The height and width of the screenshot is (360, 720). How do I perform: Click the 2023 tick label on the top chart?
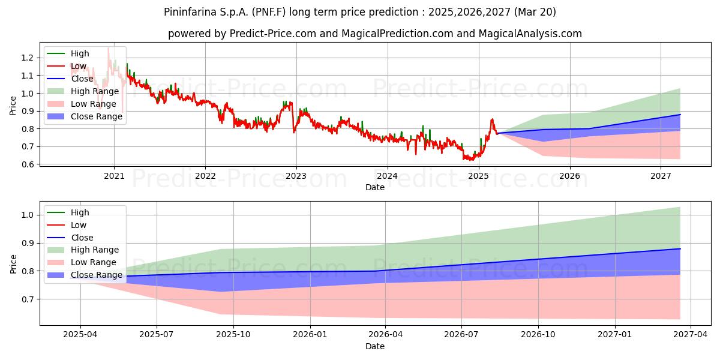[296, 176]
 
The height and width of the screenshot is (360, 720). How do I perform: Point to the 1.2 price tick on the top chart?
[28, 58]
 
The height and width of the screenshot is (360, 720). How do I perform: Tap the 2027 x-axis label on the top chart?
[661, 176]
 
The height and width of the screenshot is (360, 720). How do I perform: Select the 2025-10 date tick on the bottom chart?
[233, 334]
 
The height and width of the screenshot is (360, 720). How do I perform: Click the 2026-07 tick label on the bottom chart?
[461, 334]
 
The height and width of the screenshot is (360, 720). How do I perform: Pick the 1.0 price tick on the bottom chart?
[28, 215]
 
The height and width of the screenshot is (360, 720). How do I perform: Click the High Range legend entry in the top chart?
[83, 91]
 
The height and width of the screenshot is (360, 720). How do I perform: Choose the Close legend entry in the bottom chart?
[70, 238]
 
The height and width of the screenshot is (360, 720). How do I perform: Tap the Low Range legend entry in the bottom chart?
[82, 262]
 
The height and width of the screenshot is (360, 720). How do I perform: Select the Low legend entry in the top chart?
[67, 66]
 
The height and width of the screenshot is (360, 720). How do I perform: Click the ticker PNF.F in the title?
[269, 12]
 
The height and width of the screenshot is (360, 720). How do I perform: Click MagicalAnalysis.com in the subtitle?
[530, 34]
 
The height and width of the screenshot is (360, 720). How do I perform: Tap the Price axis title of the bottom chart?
[13, 264]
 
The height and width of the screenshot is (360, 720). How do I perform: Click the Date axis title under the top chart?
[375, 187]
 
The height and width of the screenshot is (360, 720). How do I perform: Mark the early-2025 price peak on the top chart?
[492, 119]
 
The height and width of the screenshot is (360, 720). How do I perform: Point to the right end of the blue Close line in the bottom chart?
[680, 249]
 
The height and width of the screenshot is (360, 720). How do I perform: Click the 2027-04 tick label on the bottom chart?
[691, 334]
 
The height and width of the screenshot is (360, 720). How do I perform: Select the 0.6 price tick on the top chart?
[28, 164]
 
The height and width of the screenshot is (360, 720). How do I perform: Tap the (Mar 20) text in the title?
[535, 12]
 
